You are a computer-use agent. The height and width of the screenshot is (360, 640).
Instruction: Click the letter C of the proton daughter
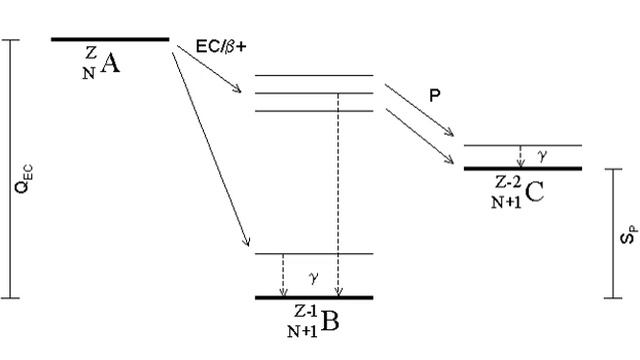pos(533,192)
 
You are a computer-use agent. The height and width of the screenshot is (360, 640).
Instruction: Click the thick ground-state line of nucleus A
pos(110,39)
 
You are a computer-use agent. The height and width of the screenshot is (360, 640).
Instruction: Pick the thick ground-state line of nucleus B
pos(314,298)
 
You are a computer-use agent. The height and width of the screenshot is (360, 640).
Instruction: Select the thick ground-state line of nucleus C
pos(523,167)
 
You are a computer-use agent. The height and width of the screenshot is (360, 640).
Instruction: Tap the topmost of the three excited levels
pos(314,76)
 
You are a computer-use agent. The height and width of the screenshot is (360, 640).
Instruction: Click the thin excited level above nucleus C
pos(523,146)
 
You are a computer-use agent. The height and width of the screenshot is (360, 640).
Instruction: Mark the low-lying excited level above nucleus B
pos(314,254)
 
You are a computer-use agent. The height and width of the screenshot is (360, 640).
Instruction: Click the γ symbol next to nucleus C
pos(543,156)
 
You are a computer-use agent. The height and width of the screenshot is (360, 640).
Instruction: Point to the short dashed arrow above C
pos(520,156)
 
